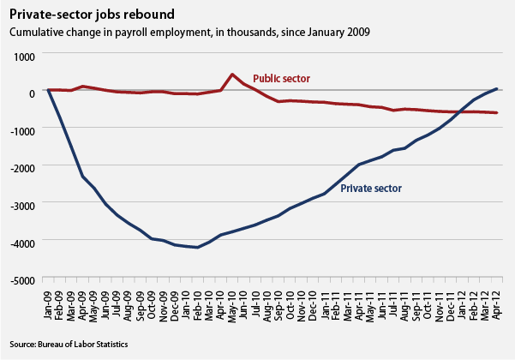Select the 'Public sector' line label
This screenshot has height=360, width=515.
281,79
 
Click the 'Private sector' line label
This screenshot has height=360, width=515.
371,188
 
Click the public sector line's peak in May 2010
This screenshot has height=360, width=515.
232,75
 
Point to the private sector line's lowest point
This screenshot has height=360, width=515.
198,248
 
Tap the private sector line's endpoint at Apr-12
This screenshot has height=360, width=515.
497,88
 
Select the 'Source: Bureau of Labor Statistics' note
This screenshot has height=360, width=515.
69,344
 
